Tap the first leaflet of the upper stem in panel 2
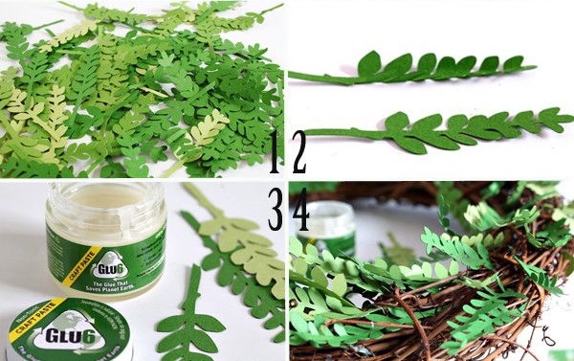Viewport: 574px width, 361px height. coord(369,64)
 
